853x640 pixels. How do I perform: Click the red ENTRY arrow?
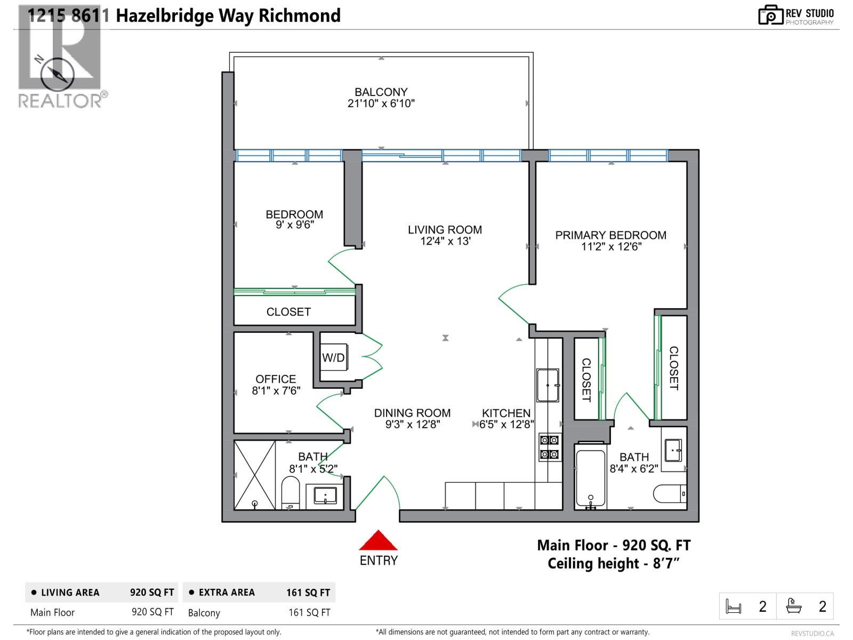pyautogui.click(x=378, y=541)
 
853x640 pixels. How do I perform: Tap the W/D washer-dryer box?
pyautogui.click(x=334, y=358)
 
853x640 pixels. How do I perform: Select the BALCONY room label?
pyautogui.click(x=381, y=92)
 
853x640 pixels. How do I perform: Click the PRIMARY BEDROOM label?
pyautogui.click(x=610, y=235)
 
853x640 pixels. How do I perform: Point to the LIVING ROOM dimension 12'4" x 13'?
pyautogui.click(x=445, y=242)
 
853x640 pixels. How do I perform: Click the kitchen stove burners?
pyautogui.click(x=549, y=447)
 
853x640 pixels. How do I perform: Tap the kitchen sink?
pyautogui.click(x=548, y=385)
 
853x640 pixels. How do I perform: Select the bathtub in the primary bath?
pyautogui.click(x=590, y=477)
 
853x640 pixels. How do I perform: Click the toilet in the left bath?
pyautogui.click(x=291, y=492)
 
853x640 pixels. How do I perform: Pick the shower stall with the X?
pyautogui.click(x=255, y=474)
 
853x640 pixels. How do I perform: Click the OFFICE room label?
pyautogui.click(x=276, y=379)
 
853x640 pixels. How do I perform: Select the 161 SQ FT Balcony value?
pyautogui.click(x=309, y=612)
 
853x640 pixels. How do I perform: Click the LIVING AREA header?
pyautogui.click(x=70, y=593)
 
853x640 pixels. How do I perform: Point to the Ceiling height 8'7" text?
pyautogui.click(x=614, y=563)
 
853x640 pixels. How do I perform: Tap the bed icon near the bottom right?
pyautogui.click(x=734, y=606)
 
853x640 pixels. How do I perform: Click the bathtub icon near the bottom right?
pyautogui.click(x=794, y=606)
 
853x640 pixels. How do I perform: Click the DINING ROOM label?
pyautogui.click(x=412, y=413)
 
